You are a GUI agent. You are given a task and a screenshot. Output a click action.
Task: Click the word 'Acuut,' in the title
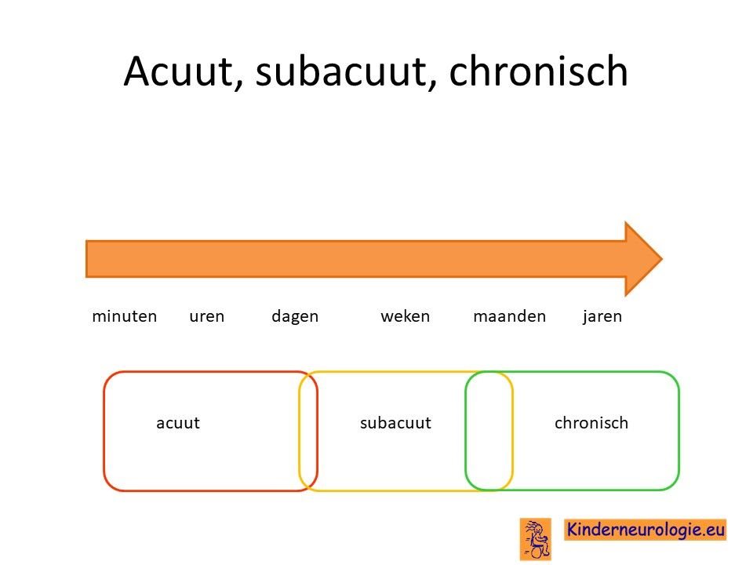point(183,71)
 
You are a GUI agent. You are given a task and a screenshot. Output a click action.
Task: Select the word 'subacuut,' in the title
point(346,71)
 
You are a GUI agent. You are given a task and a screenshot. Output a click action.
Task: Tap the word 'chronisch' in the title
point(538,71)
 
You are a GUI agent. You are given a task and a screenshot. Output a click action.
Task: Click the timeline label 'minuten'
point(125,316)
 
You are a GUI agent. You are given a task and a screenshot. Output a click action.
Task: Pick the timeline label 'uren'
point(206,316)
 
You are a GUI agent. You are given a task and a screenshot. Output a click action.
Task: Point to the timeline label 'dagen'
point(295,316)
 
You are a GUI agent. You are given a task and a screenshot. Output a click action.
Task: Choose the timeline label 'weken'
point(406,316)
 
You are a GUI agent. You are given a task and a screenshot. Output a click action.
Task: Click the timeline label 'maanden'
point(510,316)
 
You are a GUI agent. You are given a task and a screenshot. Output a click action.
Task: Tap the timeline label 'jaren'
point(602,316)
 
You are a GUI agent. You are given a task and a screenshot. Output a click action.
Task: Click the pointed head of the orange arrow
point(662,258)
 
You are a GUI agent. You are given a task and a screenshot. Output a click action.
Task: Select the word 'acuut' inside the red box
point(178,423)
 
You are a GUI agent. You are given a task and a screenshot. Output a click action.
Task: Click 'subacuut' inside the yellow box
point(395,423)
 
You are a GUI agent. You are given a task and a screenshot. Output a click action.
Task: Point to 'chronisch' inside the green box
point(591,423)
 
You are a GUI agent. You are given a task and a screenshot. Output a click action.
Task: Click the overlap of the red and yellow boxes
point(308,431)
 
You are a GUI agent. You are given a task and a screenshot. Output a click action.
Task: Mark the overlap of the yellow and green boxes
point(489,431)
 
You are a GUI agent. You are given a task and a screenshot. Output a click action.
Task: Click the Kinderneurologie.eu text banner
point(645,530)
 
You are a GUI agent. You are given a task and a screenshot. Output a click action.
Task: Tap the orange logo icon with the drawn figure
point(536,539)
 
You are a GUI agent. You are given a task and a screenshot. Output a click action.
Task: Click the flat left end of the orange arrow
point(86,259)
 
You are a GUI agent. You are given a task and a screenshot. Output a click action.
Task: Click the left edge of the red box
point(104,431)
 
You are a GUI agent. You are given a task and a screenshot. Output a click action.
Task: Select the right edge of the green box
point(678,431)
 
